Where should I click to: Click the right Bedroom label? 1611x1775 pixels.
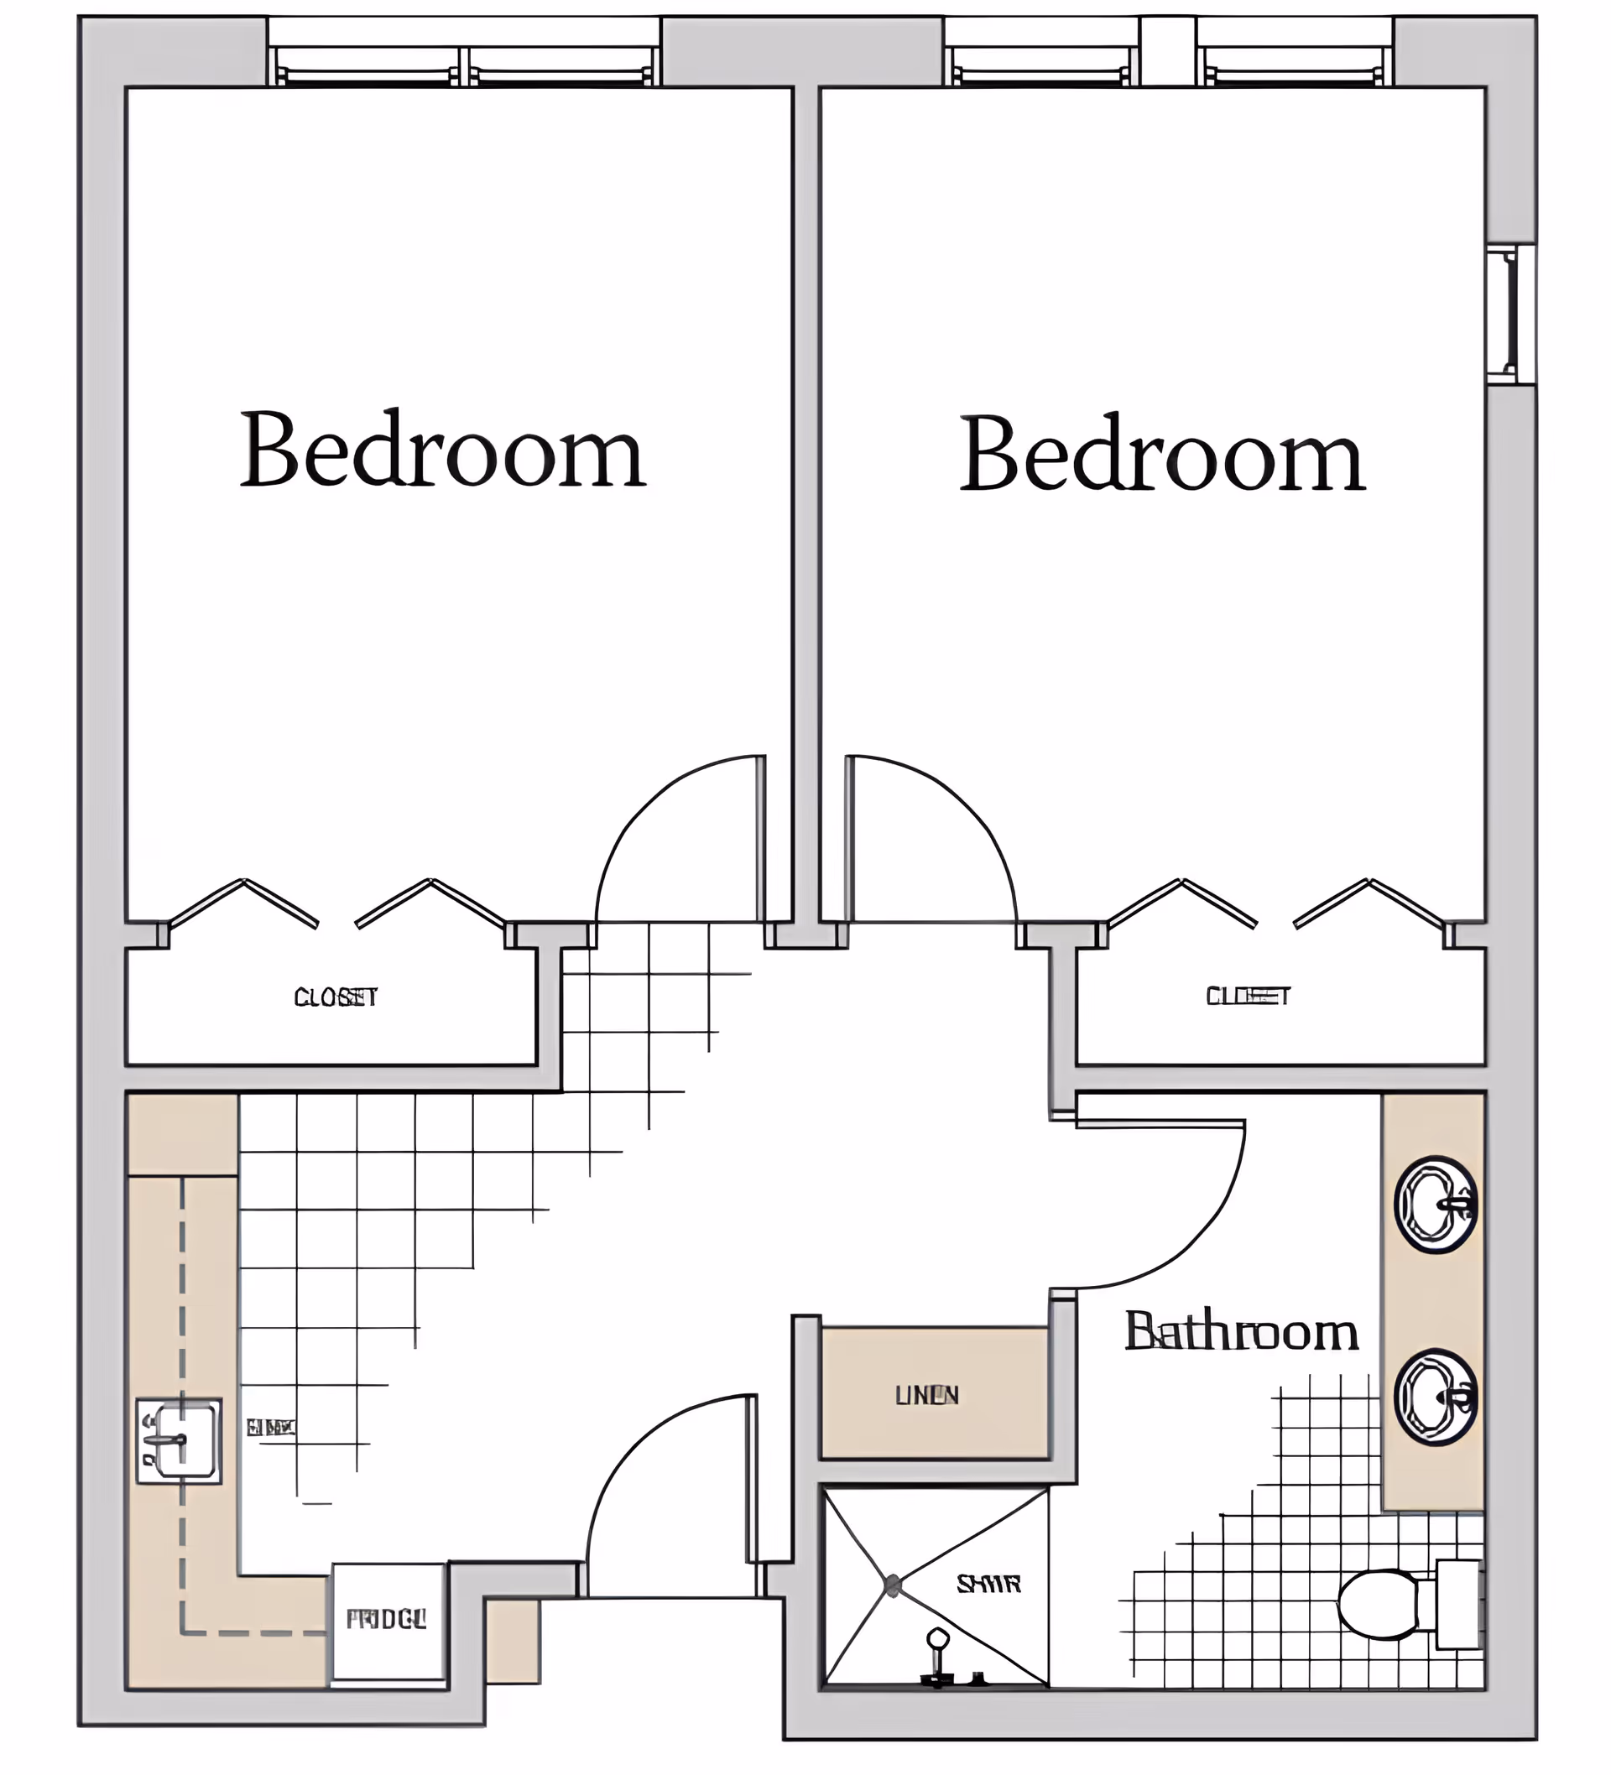click(1162, 455)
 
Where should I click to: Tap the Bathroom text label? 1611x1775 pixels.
click(1241, 1332)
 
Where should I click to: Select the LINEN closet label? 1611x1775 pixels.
click(926, 1395)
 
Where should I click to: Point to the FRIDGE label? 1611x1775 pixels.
click(386, 1619)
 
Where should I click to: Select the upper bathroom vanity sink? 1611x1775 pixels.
click(1435, 1205)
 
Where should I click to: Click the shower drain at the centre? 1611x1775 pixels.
click(892, 1585)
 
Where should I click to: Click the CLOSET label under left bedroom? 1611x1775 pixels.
click(336, 997)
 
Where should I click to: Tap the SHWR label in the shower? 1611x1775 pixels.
click(988, 1585)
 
